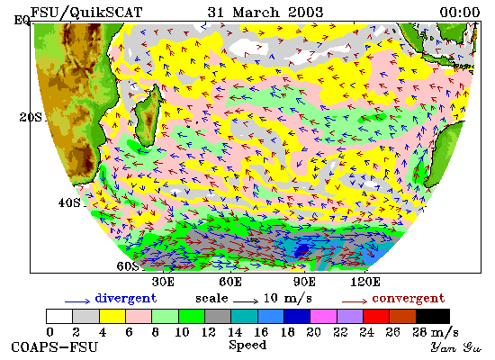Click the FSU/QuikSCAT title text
point(86,13)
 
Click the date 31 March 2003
point(265,13)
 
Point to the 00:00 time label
point(460,13)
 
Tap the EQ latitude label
point(22,21)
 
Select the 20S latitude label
point(31,117)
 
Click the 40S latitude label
point(69,202)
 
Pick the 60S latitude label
point(128,266)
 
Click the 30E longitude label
point(163,282)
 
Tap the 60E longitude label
point(230,282)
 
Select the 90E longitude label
point(304,282)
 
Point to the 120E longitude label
point(365,282)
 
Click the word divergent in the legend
point(126,299)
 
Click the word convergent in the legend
point(409,299)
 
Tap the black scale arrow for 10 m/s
point(246,301)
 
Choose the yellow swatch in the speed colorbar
point(112,317)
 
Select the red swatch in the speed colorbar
point(376,317)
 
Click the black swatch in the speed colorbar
point(433,317)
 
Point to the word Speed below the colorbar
point(247,345)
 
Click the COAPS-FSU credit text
point(55,347)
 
